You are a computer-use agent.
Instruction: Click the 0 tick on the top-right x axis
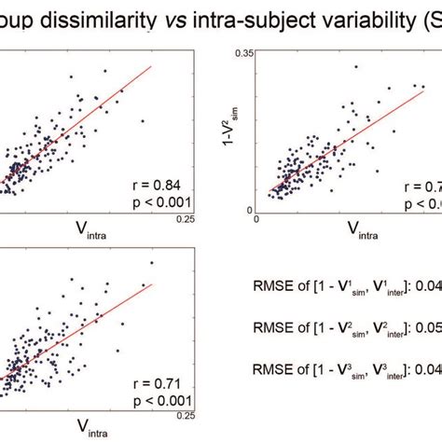[256, 219]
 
